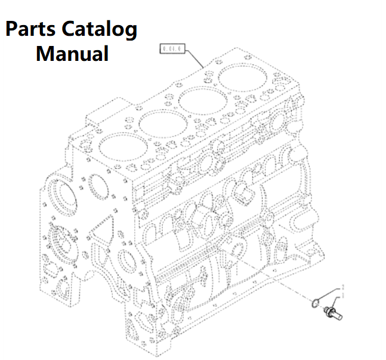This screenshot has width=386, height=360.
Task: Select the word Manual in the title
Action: coord(72,54)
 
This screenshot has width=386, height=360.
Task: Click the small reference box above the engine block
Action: coord(172,49)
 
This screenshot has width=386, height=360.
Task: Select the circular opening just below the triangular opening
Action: coord(126,263)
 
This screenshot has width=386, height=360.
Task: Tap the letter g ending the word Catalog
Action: coord(130,32)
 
